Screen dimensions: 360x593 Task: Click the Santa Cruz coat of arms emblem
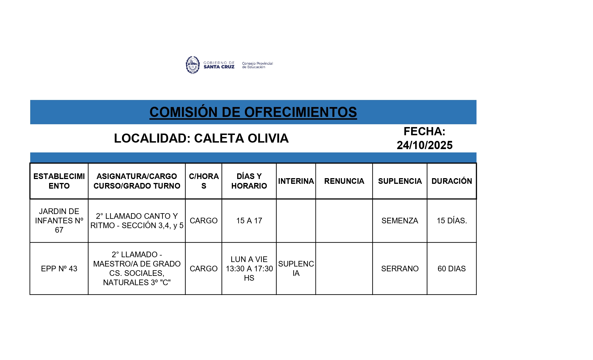coord(193,65)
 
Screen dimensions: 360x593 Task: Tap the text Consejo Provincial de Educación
coord(257,65)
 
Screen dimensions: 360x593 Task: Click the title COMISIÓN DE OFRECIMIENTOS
coord(253,112)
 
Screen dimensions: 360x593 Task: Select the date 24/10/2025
coord(424,145)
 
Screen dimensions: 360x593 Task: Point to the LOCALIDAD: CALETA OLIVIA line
coord(201,138)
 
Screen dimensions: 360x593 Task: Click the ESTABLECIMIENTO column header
coord(59,181)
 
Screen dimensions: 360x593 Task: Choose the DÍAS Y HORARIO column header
coord(249,181)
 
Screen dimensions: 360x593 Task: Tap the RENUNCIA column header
coord(344,181)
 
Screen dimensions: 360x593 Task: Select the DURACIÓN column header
coord(452,181)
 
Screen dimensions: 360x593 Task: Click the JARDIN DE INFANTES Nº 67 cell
coord(59,221)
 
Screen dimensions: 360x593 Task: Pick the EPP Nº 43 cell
coord(59,269)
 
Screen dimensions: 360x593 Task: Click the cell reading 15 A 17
coord(249,221)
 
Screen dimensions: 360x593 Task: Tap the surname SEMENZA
coord(400,221)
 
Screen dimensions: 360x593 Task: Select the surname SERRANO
coord(400,269)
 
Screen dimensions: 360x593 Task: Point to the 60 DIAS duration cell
coord(452,269)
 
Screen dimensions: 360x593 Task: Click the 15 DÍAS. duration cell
coord(452,221)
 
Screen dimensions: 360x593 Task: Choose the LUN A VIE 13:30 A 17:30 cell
coord(249,269)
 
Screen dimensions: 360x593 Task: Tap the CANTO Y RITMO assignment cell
coord(137,221)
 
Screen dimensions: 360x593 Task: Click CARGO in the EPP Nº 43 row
coord(204,269)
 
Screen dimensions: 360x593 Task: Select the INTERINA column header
coord(296,181)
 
